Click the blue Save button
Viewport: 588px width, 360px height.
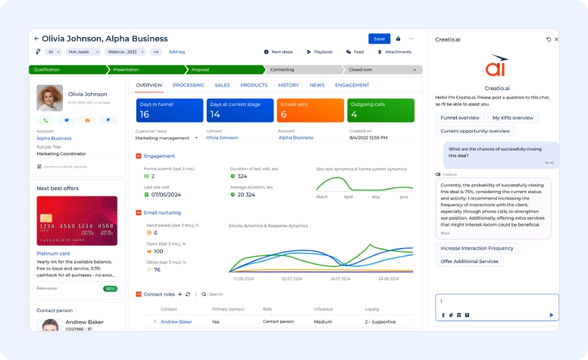click(x=379, y=39)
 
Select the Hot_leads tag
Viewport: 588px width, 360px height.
click(x=79, y=52)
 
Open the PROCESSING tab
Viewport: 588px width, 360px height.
click(x=188, y=86)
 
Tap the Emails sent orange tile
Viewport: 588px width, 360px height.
click(x=311, y=110)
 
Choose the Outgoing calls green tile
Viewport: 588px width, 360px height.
click(x=380, y=110)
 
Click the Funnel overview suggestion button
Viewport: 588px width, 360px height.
click(x=460, y=117)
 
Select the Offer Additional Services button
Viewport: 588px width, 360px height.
click(x=469, y=261)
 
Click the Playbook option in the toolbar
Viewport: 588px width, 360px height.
click(x=320, y=52)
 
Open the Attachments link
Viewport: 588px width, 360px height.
click(x=394, y=52)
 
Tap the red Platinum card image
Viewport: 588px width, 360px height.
click(x=77, y=221)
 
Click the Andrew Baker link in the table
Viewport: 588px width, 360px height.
click(x=176, y=321)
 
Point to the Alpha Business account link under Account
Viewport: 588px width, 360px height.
click(x=54, y=139)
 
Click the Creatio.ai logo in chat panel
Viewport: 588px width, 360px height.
click(x=497, y=67)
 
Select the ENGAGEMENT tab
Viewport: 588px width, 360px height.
click(x=352, y=86)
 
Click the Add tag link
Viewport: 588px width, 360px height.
click(x=177, y=52)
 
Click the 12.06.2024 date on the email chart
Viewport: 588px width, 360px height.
click(x=242, y=279)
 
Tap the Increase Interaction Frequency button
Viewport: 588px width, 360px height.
click(x=477, y=248)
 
